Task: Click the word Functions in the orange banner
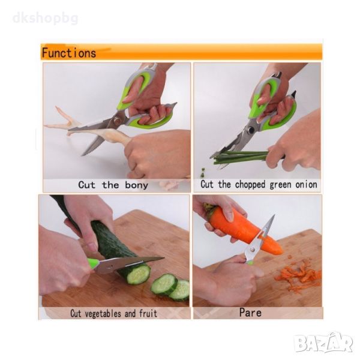coord(69,53)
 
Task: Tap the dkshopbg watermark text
coord(46,18)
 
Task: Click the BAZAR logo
coord(324,343)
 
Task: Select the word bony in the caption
coord(137,185)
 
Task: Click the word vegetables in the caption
coord(103,314)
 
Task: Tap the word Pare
coord(250,313)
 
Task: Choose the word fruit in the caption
coord(148,313)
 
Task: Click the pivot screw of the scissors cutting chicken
coord(117,121)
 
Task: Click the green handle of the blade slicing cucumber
coord(93,263)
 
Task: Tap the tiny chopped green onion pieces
coord(203,172)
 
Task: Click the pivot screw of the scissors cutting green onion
coord(251,130)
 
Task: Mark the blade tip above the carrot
coord(274,215)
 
